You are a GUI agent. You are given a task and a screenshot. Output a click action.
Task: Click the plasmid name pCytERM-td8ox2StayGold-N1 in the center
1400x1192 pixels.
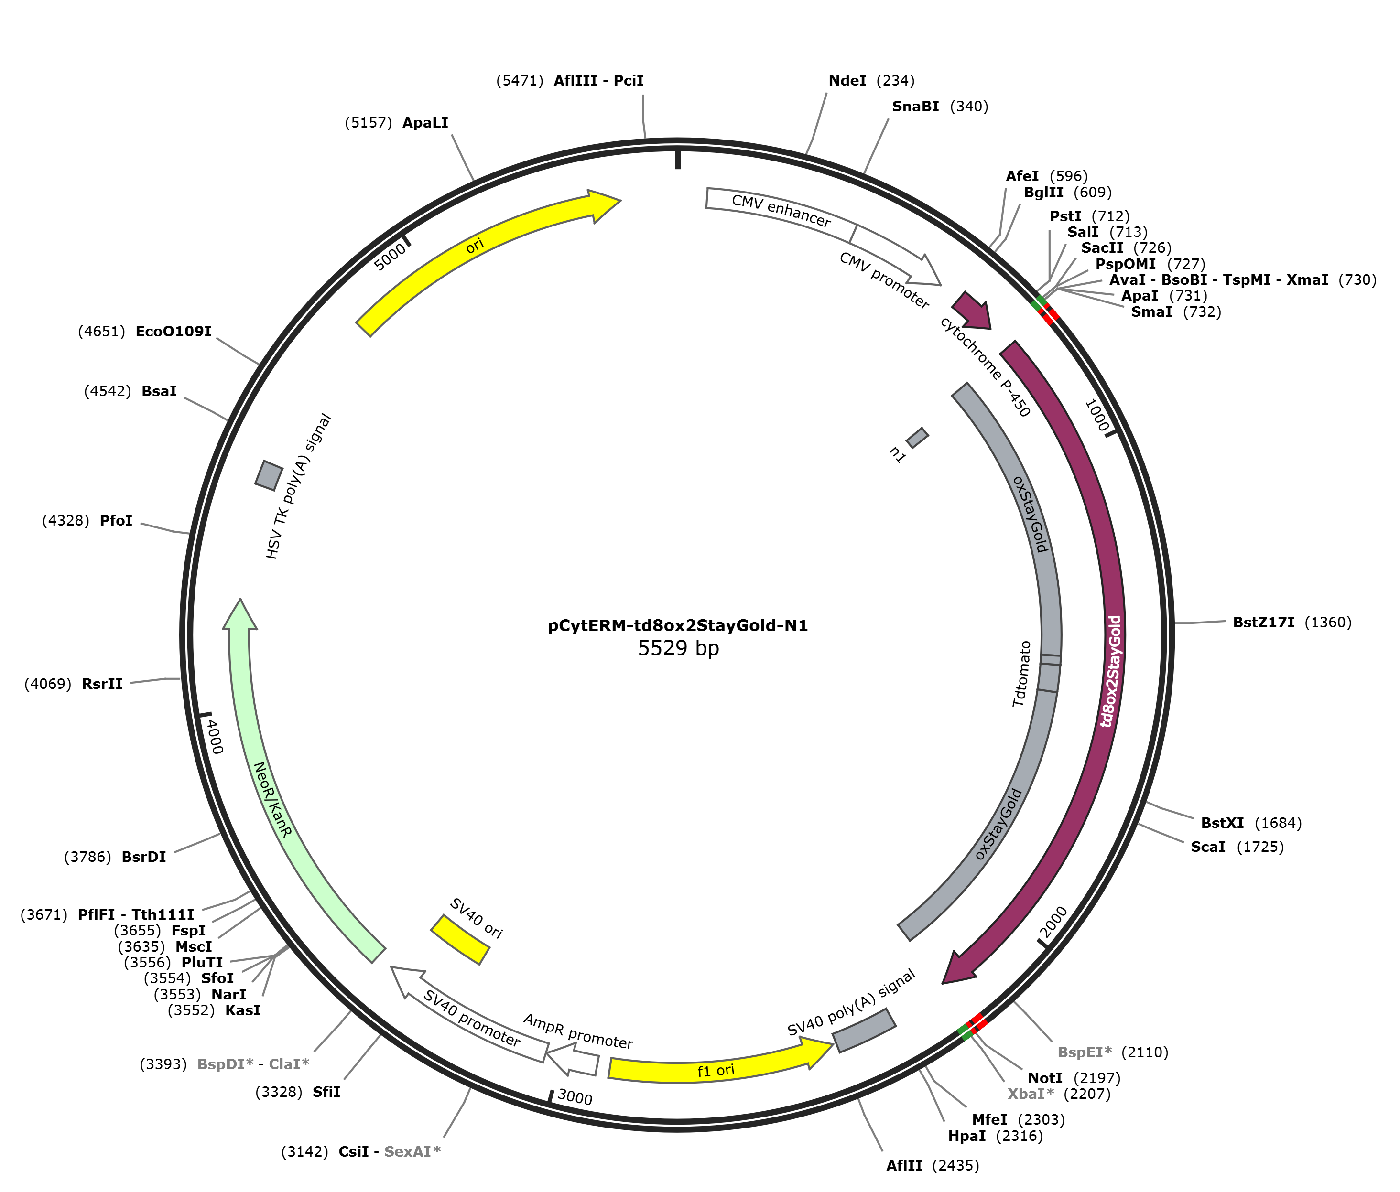pyautogui.click(x=678, y=626)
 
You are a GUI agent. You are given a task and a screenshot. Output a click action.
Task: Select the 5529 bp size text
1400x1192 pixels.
pyautogui.click(x=678, y=648)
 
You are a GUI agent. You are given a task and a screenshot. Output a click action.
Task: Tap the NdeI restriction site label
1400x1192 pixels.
pyautogui.click(x=847, y=81)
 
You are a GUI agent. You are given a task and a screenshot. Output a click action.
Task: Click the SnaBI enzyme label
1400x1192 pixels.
pyautogui.click(x=915, y=106)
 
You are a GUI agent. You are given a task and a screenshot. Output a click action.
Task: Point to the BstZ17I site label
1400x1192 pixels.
pyautogui.click(x=1263, y=622)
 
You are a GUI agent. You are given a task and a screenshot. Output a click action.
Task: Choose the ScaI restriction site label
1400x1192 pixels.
pyautogui.click(x=1208, y=846)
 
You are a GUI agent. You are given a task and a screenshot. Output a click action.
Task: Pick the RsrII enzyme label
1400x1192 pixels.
pyautogui.click(x=102, y=684)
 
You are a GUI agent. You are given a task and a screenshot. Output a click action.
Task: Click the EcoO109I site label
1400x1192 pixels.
pyautogui.click(x=174, y=332)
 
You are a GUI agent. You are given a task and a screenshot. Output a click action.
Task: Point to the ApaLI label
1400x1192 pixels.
pyautogui.click(x=426, y=123)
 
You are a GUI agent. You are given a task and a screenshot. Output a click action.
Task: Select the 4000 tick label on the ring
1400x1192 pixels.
pyautogui.click(x=214, y=737)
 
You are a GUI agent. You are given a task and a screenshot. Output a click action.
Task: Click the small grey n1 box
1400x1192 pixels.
pyautogui.click(x=918, y=438)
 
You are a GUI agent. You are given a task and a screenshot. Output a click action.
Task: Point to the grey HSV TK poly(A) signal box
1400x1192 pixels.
pyautogui.click(x=269, y=475)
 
